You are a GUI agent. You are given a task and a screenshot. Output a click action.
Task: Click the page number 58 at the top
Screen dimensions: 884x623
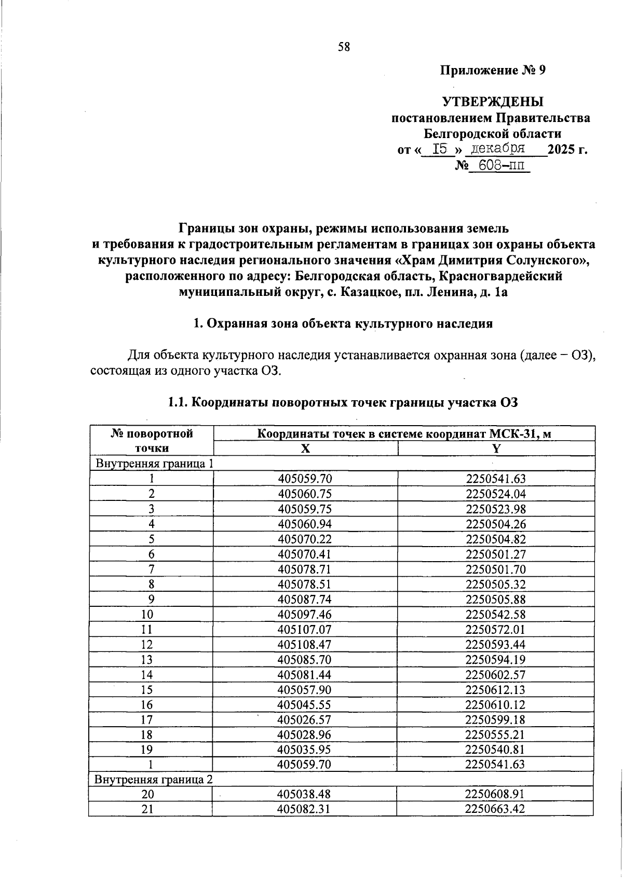click(344, 47)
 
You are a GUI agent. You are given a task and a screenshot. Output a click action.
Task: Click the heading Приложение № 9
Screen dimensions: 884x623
click(493, 70)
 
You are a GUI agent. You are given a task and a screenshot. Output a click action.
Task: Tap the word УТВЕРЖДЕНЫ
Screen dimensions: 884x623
click(493, 102)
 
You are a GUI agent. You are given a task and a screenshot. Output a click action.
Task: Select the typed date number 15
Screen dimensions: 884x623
click(440, 149)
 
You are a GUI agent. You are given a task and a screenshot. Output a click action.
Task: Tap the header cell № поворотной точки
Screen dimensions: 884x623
click(152, 441)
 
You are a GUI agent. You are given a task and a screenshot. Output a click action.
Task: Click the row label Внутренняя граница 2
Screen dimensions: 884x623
click(154, 779)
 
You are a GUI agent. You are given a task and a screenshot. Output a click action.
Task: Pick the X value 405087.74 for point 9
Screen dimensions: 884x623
click(305, 599)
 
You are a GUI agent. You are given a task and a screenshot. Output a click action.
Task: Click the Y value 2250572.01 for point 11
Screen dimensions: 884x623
click(496, 630)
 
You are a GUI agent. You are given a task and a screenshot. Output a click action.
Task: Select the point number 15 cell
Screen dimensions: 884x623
click(151, 689)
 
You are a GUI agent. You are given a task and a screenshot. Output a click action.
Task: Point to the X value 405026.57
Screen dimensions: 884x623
click(305, 719)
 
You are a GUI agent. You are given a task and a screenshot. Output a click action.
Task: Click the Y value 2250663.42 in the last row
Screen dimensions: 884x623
click(495, 809)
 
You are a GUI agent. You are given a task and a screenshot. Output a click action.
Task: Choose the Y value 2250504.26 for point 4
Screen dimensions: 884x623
click(496, 524)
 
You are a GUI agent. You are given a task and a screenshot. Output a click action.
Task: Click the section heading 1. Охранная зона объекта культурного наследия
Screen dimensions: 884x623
click(343, 323)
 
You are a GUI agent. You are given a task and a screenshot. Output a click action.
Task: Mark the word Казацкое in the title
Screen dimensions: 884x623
click(367, 292)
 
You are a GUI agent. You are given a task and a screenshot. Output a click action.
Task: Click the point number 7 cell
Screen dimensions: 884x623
click(151, 569)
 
